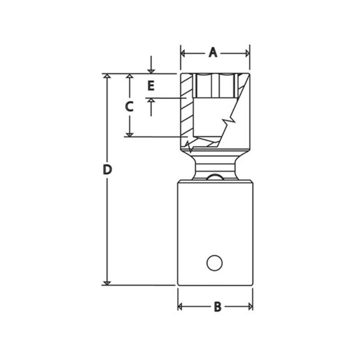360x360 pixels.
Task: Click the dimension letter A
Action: [x=213, y=53]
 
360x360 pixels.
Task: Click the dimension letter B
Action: [x=217, y=307]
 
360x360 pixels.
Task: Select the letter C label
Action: [x=129, y=107]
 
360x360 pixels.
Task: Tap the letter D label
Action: [x=107, y=170]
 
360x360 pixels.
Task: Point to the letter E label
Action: [x=151, y=85]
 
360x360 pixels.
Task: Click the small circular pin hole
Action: [x=215, y=262]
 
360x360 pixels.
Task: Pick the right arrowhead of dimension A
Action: [x=247, y=53]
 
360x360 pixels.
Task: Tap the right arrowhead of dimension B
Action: [x=250, y=307]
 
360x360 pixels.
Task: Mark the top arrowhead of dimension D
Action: [x=107, y=76]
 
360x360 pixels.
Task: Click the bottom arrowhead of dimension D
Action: [x=107, y=282]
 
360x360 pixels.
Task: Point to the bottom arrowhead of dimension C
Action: [x=129, y=134]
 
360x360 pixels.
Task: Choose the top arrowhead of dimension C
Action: [x=129, y=76]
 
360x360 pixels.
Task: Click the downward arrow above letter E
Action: [x=151, y=70]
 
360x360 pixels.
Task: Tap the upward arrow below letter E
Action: [x=151, y=101]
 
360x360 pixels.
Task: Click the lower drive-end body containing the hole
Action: [x=215, y=225]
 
